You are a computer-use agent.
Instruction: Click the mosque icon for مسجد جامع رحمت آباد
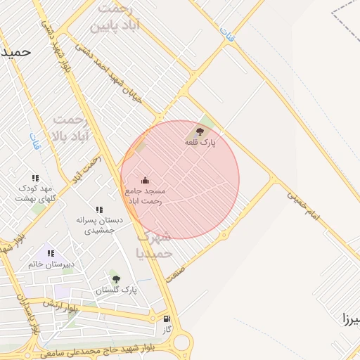(x=145, y=180)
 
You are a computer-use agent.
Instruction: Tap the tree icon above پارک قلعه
(x=200, y=131)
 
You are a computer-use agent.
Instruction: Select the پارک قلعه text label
(x=200, y=142)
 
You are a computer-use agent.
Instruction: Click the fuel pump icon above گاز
(x=167, y=318)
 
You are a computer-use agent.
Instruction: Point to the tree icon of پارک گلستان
(x=116, y=279)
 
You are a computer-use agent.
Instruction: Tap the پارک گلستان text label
(x=116, y=290)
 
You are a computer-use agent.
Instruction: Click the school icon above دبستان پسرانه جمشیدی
(x=99, y=210)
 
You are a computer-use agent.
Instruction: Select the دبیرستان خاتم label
(x=51, y=264)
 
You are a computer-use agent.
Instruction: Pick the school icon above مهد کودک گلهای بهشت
(x=36, y=179)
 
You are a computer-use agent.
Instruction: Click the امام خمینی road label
(x=303, y=205)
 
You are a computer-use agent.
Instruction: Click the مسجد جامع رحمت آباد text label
(x=145, y=195)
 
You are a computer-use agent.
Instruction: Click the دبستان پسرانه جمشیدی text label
(x=99, y=224)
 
